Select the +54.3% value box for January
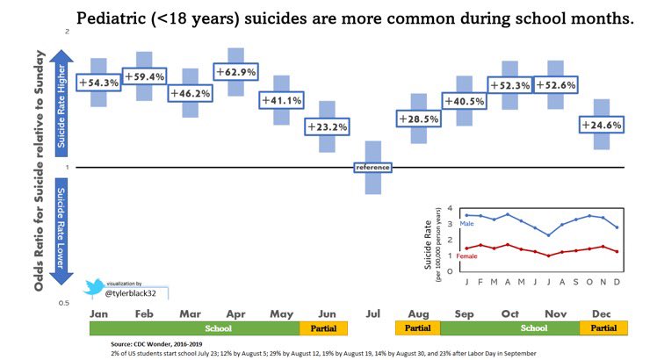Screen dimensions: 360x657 tap(98, 82)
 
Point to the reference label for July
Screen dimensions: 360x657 tap(373, 167)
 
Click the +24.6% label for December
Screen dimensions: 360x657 tap(602, 125)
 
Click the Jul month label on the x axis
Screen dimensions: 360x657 tap(373, 313)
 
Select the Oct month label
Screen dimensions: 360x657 tap(509, 313)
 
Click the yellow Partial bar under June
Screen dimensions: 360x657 tap(324, 328)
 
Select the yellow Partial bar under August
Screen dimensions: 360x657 tap(418, 328)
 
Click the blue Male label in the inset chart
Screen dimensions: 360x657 tap(466, 225)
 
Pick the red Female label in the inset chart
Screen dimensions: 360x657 tap(467, 256)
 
